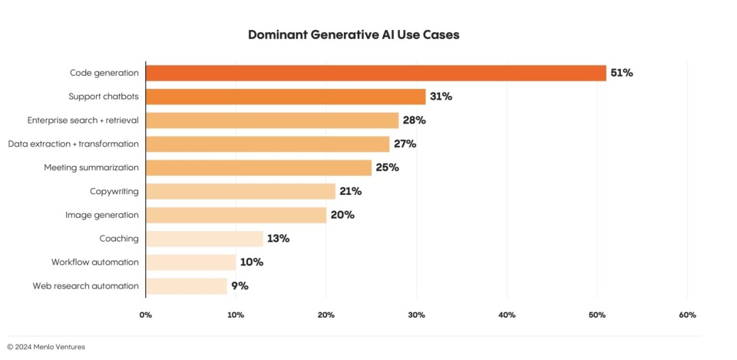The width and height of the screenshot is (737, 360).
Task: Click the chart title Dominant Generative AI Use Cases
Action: click(x=354, y=35)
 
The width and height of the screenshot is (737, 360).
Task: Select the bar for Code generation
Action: click(x=375, y=73)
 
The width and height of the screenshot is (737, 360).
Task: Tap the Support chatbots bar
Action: click(x=285, y=97)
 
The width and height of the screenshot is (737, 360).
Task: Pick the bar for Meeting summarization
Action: click(x=258, y=167)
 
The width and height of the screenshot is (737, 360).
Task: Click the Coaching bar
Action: click(x=204, y=239)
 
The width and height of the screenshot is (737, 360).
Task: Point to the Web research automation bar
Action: click(x=187, y=286)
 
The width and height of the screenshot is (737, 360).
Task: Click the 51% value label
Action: click(x=621, y=73)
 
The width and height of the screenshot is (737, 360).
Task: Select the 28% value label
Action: click(x=414, y=121)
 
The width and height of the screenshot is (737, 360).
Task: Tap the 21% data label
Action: click(x=350, y=191)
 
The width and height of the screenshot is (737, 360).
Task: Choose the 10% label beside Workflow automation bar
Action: click(x=251, y=263)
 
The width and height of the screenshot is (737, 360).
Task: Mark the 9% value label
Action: click(x=240, y=286)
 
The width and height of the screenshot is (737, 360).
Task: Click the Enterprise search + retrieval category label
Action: click(x=83, y=121)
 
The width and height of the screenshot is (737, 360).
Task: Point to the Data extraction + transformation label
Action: click(x=74, y=144)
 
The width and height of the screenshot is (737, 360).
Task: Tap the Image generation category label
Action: click(x=102, y=215)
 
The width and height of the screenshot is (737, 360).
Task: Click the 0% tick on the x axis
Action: click(x=145, y=315)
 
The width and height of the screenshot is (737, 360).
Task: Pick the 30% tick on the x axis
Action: click(x=416, y=315)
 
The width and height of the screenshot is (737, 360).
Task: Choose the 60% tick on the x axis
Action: click(x=687, y=315)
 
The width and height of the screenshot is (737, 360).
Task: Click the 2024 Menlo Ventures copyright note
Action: click(x=46, y=347)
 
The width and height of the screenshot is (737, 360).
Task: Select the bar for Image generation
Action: click(x=236, y=215)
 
